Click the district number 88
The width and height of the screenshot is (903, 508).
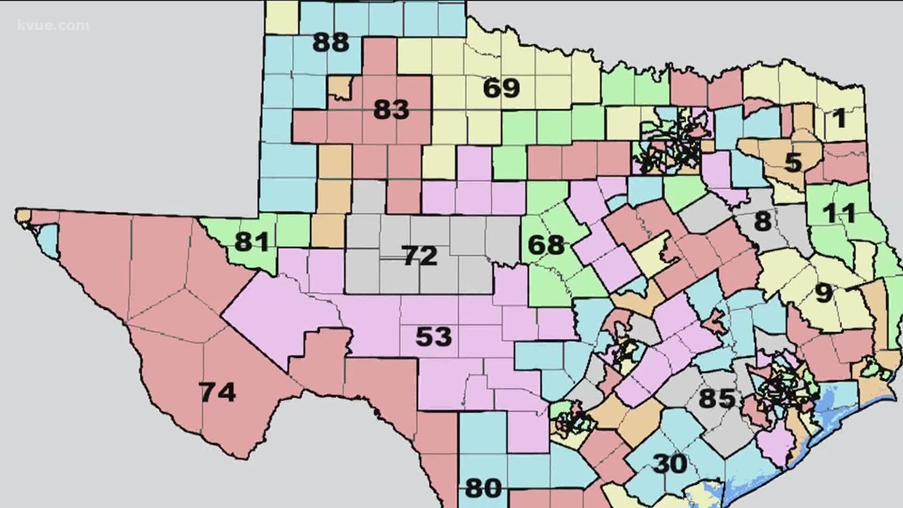pos(330,42)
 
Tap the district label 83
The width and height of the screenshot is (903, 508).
pos(391,109)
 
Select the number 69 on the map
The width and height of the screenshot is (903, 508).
pos(501,87)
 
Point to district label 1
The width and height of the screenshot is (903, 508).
pos(838,119)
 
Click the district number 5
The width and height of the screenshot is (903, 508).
pos(793,162)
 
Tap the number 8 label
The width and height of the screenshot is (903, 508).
pos(762,221)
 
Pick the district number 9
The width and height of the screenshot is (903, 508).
pos(824,293)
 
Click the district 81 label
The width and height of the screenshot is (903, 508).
pos(251,239)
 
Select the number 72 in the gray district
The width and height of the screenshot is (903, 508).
pos(419,256)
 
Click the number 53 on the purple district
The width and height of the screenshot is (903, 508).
pos(433,337)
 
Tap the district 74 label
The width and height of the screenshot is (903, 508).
pos(217,392)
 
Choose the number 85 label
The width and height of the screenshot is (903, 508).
pos(716,398)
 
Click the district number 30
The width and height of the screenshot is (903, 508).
pos(669,464)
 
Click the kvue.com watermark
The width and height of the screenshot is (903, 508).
pos(52,25)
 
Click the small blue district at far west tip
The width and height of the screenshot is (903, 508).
pos(48,239)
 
